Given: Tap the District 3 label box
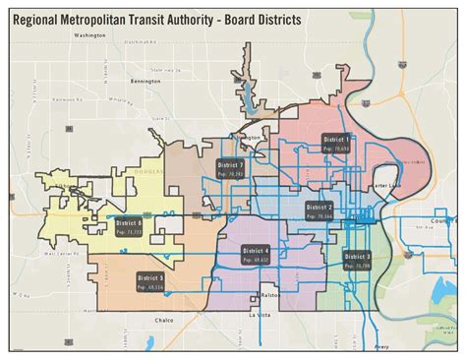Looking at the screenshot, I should pos(358,260).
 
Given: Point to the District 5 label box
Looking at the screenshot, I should pos(153,282).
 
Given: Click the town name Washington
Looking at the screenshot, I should pos(88,35).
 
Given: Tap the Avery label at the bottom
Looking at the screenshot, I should pos(384,347).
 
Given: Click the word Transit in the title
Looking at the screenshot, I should pos(165,18).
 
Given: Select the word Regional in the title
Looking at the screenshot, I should pos(38,18).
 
